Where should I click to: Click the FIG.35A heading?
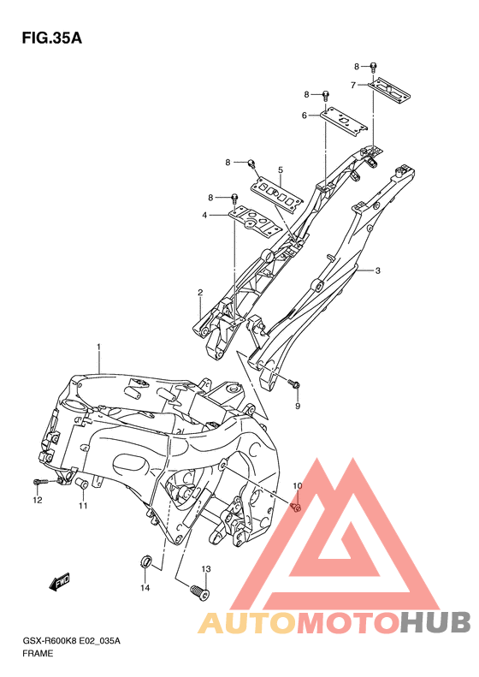pos(52,39)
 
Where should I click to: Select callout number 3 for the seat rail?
pos(377,270)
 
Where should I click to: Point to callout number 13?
pos(206,569)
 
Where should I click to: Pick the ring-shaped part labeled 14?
pos(146,562)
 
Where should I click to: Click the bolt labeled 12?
pos(44,481)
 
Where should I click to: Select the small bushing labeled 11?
pos(82,484)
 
